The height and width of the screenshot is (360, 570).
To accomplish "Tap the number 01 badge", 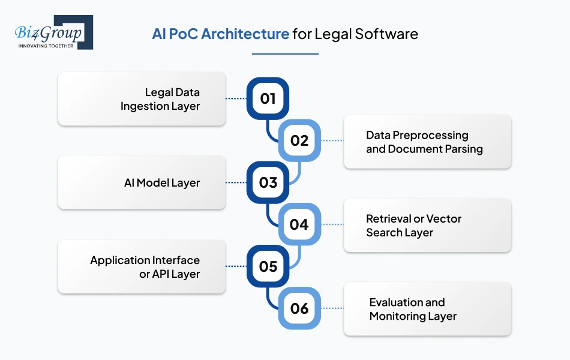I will (268, 98).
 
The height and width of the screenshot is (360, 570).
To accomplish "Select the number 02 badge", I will (299, 140).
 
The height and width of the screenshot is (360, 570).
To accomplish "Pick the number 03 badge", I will (268, 182).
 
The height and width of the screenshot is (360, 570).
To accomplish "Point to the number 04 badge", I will (299, 224).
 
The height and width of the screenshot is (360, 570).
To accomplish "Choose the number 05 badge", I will (268, 266).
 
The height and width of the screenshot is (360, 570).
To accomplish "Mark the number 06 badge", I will (299, 308).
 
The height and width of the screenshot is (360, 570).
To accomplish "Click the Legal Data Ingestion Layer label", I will (160, 99).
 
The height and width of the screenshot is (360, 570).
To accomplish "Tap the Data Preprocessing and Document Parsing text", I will (424, 142).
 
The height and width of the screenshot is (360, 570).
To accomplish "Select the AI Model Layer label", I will (162, 182).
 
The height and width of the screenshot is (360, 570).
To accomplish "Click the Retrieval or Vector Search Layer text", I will (413, 226).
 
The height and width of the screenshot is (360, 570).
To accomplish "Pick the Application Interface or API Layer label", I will (145, 267).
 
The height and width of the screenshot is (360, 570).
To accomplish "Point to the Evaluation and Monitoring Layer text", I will (413, 309).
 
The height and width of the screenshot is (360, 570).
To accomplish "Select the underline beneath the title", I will (285, 54).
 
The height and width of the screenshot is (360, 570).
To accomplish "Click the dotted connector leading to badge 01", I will (236, 98).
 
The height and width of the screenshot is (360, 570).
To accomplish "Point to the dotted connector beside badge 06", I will (332, 308).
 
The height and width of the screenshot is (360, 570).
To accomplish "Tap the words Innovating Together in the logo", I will (46, 46).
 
